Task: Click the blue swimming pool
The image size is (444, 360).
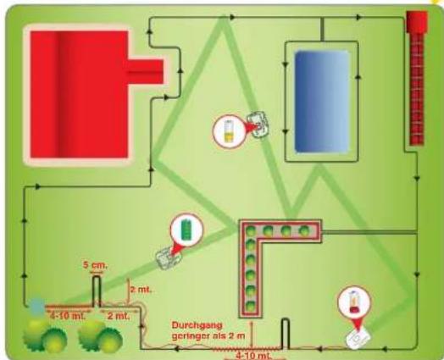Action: tap(322, 102)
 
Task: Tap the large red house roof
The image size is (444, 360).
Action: tap(79, 94)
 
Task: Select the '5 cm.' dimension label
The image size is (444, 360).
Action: tap(96, 265)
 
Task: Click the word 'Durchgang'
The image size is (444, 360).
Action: tap(197, 325)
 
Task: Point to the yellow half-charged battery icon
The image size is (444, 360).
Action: tap(229, 131)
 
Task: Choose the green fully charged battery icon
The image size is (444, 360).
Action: tap(186, 230)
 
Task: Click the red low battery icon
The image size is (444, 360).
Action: tap(354, 302)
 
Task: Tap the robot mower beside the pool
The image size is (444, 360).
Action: tap(257, 125)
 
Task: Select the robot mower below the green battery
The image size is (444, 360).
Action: tap(169, 258)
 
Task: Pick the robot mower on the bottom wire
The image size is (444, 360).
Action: tap(358, 338)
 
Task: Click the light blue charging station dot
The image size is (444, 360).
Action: tap(36, 305)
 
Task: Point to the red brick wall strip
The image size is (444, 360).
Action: tap(417, 89)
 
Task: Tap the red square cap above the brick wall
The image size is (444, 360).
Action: tap(417, 22)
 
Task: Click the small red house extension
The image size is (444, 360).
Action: tap(146, 72)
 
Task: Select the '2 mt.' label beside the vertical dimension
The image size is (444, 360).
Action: tap(141, 290)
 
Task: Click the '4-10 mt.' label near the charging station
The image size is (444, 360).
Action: tap(68, 316)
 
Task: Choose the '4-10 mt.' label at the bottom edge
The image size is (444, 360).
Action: tap(253, 356)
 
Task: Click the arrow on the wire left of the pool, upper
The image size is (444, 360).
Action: tap(286, 64)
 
